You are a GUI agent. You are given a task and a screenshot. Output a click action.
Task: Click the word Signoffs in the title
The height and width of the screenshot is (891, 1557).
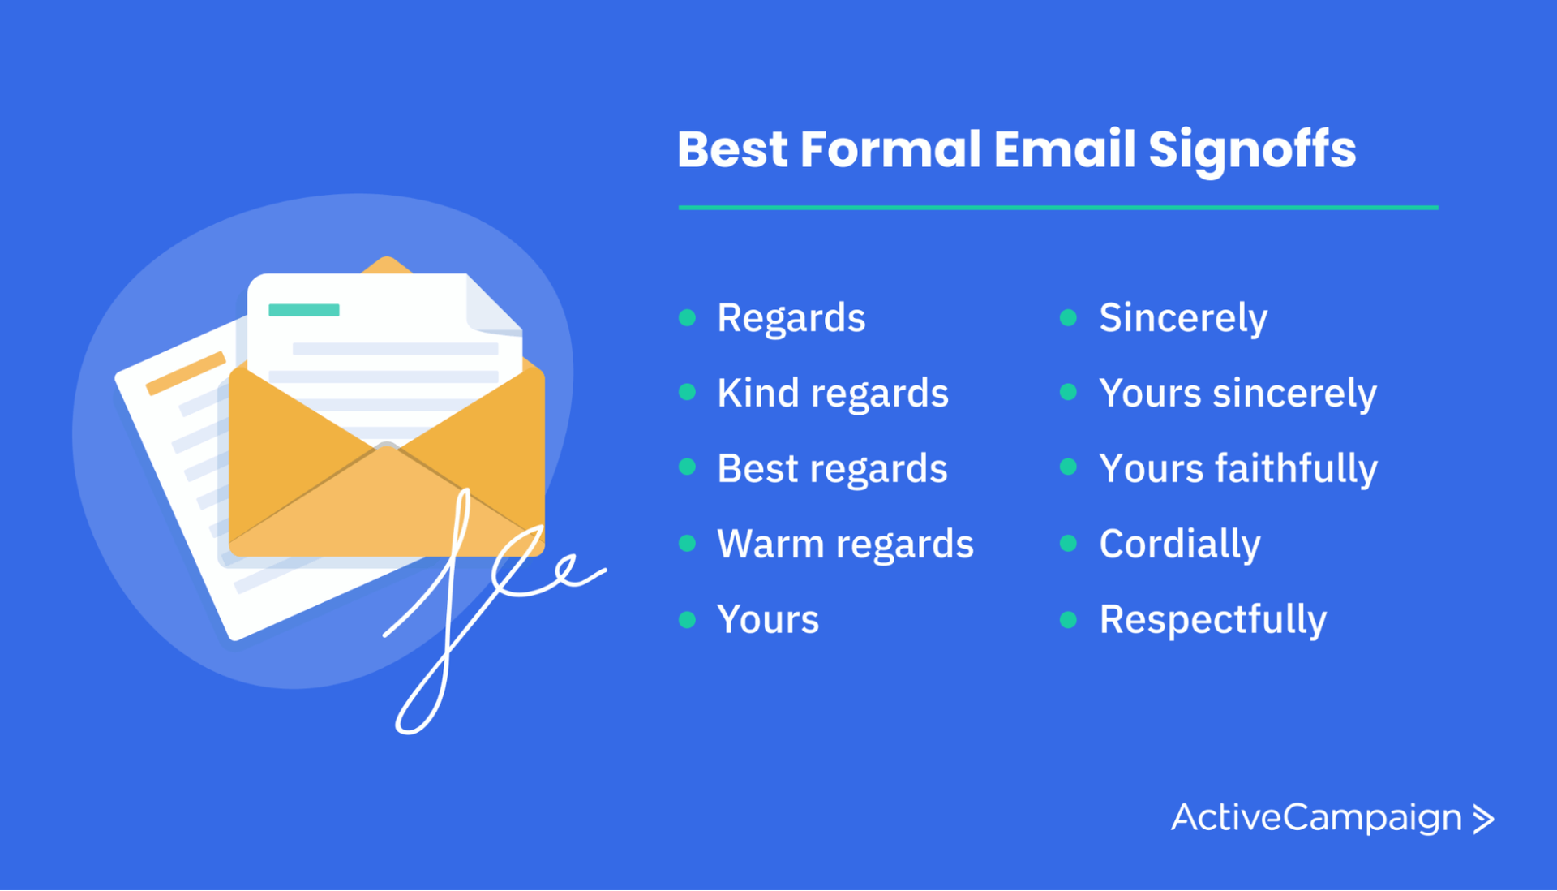pyautogui.click(x=1252, y=150)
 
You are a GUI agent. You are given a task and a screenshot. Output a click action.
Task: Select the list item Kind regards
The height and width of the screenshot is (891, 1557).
pyautogui.click(x=833, y=394)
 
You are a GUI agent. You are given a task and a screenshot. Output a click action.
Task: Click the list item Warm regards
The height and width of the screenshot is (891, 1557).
pyautogui.click(x=845, y=544)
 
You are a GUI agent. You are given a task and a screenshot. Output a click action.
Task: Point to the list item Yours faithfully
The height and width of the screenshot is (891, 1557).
pyautogui.click(x=1238, y=469)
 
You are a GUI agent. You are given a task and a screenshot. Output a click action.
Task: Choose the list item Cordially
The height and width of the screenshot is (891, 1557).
pyautogui.click(x=1180, y=544)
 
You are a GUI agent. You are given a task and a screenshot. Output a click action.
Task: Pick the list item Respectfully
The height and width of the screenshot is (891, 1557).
pyautogui.click(x=1213, y=620)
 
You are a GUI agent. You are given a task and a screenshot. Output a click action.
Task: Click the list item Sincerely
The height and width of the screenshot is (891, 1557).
pyautogui.click(x=1183, y=318)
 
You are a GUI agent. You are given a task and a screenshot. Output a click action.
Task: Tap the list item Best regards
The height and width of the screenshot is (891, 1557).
pyautogui.click(x=832, y=469)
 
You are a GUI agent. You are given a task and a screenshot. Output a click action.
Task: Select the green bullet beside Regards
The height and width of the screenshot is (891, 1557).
pyautogui.click(x=687, y=317)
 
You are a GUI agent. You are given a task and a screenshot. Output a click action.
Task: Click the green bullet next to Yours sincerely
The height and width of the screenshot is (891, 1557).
pyautogui.click(x=1068, y=393)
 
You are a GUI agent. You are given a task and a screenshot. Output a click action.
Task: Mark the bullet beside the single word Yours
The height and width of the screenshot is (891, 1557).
pyautogui.click(x=687, y=620)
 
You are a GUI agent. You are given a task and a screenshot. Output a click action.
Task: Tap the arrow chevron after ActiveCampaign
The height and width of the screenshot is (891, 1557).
pyautogui.click(x=1483, y=819)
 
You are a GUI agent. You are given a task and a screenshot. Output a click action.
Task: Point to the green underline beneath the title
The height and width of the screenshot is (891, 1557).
pyautogui.click(x=1058, y=208)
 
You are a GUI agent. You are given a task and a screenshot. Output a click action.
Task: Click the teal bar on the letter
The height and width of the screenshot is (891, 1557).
pyautogui.click(x=304, y=310)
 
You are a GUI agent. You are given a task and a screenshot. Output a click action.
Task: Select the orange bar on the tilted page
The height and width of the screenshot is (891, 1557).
pyautogui.click(x=186, y=373)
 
